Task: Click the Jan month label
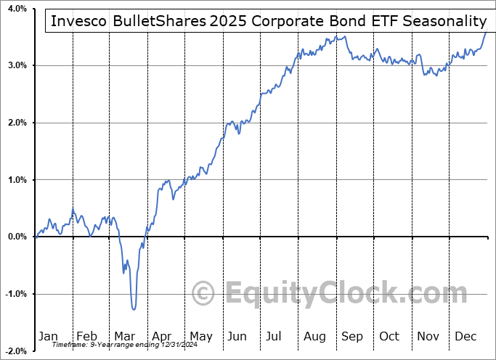48,336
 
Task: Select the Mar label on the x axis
124,336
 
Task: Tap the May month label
200,336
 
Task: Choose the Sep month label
352,336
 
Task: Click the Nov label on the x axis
428,336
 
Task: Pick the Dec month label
466,336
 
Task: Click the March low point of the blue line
134,309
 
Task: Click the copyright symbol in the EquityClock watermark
204,293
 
